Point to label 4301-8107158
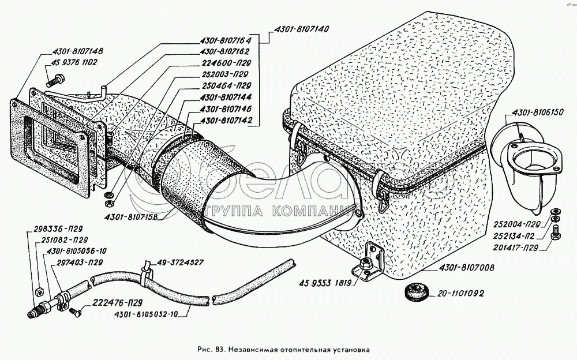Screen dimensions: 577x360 [x=132, y=217]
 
